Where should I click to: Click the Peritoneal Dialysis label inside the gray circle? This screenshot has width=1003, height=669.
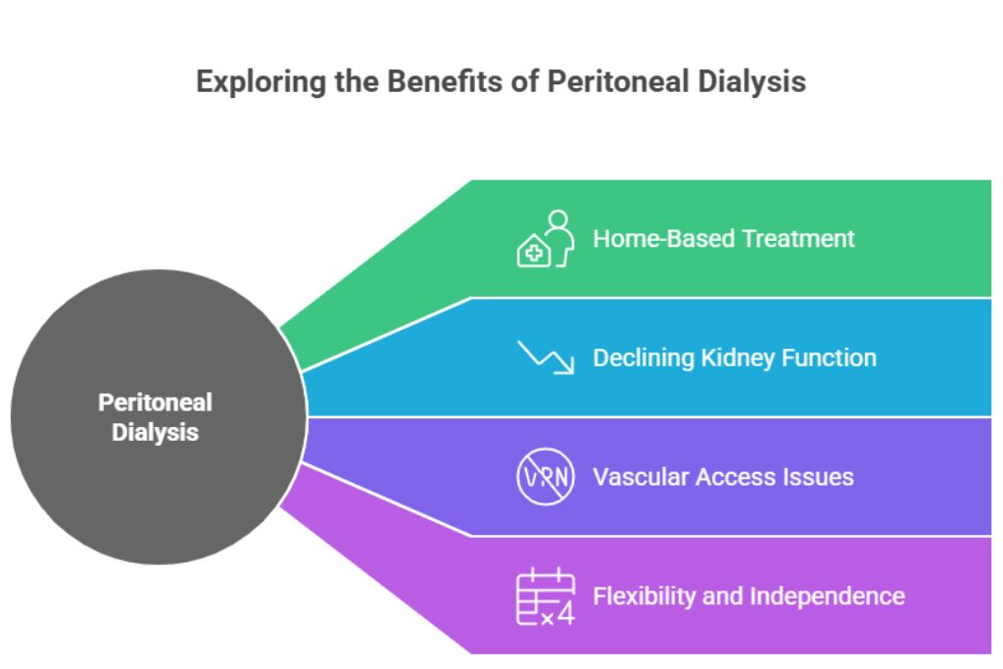155,416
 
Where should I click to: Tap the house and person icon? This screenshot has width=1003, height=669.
545,238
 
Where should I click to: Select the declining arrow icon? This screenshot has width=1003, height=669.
545,358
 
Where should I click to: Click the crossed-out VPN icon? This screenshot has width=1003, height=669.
545,477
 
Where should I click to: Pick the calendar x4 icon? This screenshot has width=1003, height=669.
545,596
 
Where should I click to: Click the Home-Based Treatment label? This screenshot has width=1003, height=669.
724,238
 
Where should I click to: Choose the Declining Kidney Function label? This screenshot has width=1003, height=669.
735,358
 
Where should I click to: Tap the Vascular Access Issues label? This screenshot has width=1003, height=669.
723,477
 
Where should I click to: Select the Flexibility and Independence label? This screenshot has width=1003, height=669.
748,596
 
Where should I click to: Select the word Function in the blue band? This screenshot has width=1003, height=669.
829,358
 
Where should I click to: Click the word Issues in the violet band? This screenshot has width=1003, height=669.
817,477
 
